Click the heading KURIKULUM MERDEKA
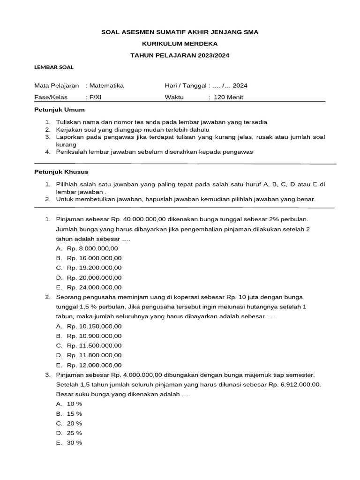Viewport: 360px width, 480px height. point(180,44)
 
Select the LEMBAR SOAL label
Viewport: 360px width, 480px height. point(54,67)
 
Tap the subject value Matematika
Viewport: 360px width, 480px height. point(106,86)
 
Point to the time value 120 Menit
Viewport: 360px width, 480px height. point(228,97)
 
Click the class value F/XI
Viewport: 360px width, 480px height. point(95,97)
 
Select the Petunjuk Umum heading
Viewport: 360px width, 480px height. point(60,110)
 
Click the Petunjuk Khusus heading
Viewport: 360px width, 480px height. point(61,172)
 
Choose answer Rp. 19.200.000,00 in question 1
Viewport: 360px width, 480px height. point(94,268)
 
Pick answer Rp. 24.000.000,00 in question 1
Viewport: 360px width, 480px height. point(94,287)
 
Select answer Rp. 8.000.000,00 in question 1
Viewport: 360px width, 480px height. point(92,248)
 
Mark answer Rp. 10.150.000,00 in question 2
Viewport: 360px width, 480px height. point(94,326)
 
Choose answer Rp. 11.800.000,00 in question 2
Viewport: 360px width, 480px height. point(94,355)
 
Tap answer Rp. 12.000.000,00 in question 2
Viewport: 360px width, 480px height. point(94,365)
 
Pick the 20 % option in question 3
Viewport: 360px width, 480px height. point(75,423)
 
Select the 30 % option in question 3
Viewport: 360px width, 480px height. point(75,443)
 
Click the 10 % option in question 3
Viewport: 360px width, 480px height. point(75,404)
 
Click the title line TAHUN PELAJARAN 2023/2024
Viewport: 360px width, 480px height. point(180,55)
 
